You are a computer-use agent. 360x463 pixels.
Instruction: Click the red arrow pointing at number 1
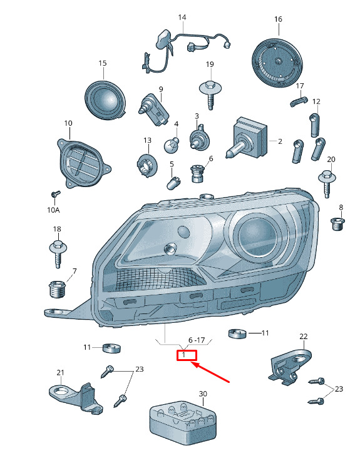210,372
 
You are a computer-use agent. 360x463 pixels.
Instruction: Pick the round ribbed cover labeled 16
277,63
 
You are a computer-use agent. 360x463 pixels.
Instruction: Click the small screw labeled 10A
55,194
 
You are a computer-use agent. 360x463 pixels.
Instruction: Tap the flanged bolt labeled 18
58,253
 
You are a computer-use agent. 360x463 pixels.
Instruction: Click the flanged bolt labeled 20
327,183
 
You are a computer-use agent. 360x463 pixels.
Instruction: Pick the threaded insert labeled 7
57,289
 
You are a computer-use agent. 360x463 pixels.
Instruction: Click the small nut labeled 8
337,224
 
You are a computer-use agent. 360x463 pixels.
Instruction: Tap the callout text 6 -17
197,340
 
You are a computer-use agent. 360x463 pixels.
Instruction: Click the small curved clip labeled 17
299,101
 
